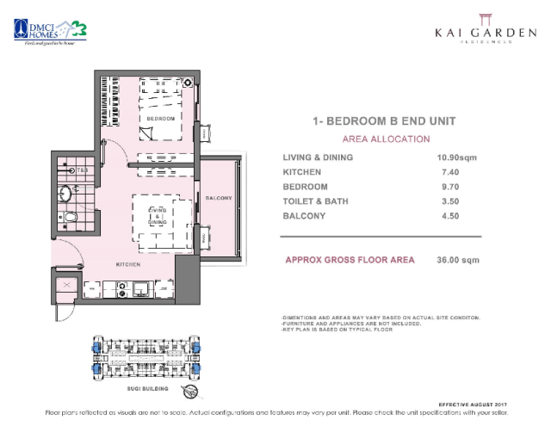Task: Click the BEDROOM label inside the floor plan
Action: click(160, 118)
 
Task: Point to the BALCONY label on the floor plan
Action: click(219, 199)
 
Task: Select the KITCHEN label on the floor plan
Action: click(129, 265)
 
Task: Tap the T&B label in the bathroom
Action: click(83, 170)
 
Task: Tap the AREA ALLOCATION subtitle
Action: click(386, 139)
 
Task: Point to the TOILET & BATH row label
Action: click(317, 201)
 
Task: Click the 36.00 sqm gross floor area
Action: click(457, 260)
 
